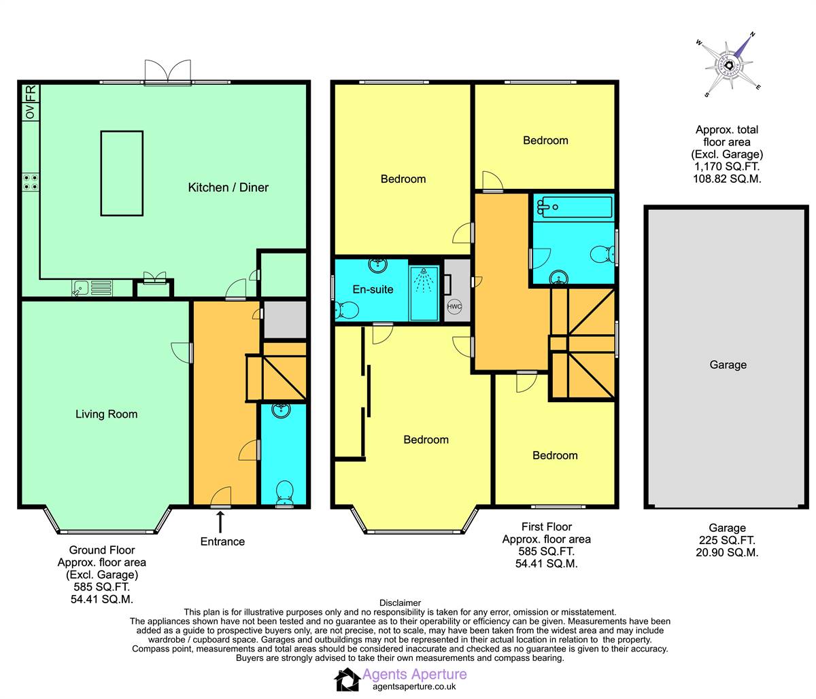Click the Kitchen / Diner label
[x=228, y=187]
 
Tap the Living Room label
[x=106, y=414]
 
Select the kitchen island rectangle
[x=122, y=173]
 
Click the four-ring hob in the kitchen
[x=31, y=182]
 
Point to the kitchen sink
[x=92, y=287]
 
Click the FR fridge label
[x=31, y=93]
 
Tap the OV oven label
[x=31, y=111]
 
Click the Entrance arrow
[x=220, y=522]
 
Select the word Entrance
[x=222, y=541]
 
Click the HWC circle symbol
[x=454, y=306]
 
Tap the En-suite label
[x=373, y=289]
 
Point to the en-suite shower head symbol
[x=424, y=281]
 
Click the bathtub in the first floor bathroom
[x=574, y=207]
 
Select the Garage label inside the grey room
[x=728, y=365]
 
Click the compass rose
[x=729, y=66]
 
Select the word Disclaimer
[x=400, y=603]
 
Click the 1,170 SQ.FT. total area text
[x=727, y=166]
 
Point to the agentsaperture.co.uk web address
[x=414, y=687]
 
